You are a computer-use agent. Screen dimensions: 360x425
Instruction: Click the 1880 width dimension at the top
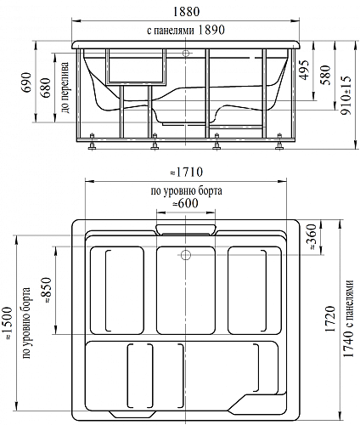pos(186,12)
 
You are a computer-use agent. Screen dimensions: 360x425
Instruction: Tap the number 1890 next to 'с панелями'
pos(211,30)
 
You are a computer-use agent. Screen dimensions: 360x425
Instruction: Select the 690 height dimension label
pos(26,82)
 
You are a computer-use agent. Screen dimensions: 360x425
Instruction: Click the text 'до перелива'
pos(65,88)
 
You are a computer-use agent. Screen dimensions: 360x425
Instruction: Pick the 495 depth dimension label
pos(305,70)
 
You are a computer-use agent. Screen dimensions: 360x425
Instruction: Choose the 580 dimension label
pos(326,75)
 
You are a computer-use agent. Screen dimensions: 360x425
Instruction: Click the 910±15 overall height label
pos(346,95)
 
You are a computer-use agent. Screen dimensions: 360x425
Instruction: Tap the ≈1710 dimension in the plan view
pos(186,172)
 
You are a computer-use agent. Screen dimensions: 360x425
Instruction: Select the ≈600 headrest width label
pos(185,203)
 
